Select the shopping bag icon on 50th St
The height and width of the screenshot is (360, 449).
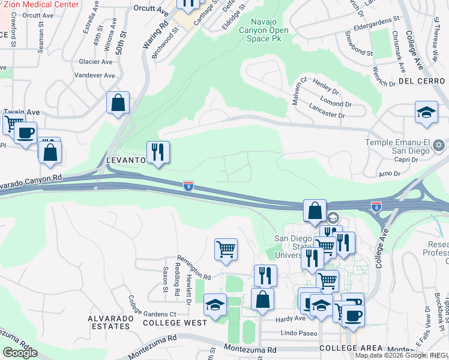[118, 102]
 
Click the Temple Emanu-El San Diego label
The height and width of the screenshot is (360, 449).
[400, 146]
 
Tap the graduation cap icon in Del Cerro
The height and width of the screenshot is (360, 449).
[426, 112]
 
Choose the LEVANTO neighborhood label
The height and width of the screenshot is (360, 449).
[126, 160]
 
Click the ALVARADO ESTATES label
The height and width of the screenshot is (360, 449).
[109, 322]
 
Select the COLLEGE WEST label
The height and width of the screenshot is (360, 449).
[175, 322]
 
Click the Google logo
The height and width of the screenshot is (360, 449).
[20, 353]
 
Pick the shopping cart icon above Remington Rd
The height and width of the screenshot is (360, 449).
[226, 248]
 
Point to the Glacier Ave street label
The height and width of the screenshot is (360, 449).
[95, 62]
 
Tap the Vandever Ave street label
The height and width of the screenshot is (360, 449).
[94, 76]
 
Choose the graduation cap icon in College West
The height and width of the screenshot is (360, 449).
[215, 304]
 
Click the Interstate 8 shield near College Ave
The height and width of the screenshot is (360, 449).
[376, 206]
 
